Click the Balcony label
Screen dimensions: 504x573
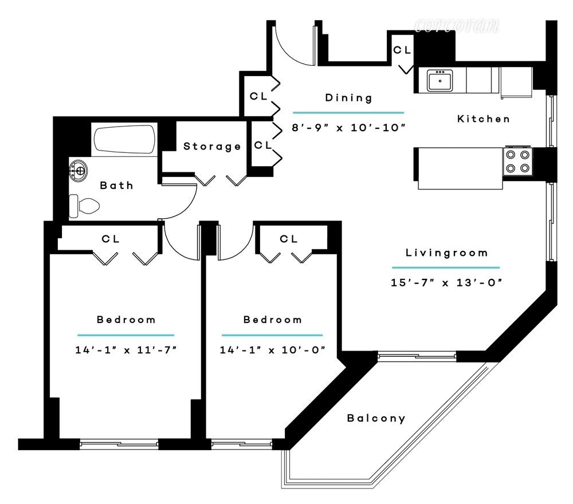(376, 418)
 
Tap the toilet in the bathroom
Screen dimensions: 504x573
(84, 205)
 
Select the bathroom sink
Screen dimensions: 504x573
(79, 170)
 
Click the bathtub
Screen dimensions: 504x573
(124, 139)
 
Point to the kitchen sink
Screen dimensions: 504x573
(440, 80)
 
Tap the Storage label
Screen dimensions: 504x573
(212, 147)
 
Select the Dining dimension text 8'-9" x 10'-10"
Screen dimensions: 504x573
(348, 128)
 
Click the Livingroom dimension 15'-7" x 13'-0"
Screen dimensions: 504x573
(445, 282)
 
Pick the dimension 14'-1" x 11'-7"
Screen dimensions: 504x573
(125, 349)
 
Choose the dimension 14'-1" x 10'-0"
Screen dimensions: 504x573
(272, 349)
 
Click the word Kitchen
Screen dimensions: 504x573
(483, 119)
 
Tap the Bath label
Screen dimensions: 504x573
(116, 185)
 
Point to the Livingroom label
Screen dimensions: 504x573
(446, 253)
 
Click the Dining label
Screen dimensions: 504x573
(348, 97)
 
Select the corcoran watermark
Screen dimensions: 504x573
(457, 25)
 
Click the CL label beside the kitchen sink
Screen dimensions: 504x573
(402, 50)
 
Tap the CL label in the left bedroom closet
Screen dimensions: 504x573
(111, 239)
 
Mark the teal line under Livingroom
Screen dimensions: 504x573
(445, 267)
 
